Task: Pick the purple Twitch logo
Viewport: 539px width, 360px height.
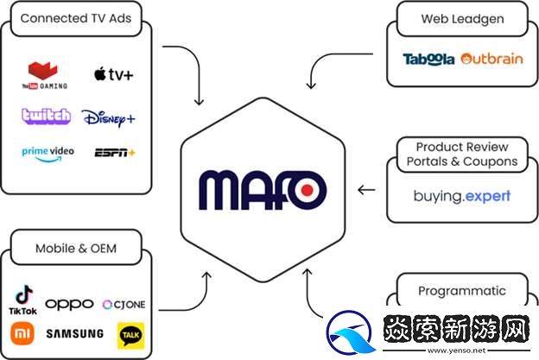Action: coord(47,116)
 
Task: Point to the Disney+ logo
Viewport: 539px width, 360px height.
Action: coord(109,117)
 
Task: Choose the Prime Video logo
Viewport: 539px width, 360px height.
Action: coord(48,152)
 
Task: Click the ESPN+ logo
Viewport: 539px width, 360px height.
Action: coord(115,153)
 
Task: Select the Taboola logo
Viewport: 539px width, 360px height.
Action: coord(428,60)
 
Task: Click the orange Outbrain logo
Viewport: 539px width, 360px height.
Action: coord(492,60)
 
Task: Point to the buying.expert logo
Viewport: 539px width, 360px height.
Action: coord(461,196)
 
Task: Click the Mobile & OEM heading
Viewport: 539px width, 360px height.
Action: coord(76,249)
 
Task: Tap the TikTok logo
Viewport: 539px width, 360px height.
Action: coord(22,299)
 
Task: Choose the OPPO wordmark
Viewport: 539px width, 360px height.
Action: coord(69,304)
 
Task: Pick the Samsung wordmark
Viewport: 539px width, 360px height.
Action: coord(75,333)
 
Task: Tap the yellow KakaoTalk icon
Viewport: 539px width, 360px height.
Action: coord(130,334)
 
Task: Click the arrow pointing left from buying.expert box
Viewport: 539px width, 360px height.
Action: coord(366,190)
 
